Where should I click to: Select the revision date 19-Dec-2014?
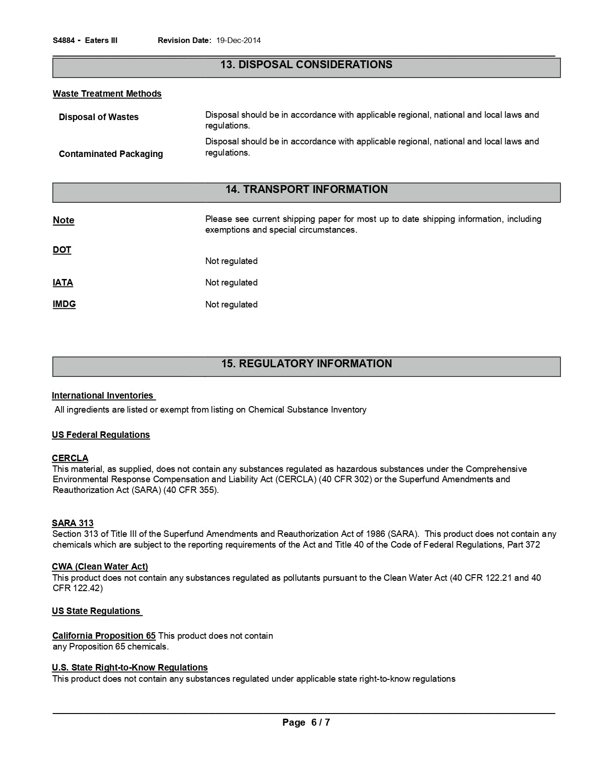click(238, 40)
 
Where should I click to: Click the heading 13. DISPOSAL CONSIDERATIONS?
click(306, 65)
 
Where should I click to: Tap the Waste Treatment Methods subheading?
click(107, 94)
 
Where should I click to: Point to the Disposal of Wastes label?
click(98, 117)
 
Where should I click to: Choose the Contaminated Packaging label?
click(111, 154)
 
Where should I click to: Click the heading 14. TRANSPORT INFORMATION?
click(306, 190)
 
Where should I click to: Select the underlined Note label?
click(63, 220)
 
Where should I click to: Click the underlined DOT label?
click(62, 250)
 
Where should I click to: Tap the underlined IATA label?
click(63, 283)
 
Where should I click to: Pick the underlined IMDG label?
click(64, 304)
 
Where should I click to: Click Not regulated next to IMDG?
click(231, 305)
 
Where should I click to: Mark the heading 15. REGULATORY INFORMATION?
click(306, 364)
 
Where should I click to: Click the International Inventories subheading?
click(103, 396)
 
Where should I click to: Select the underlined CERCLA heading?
click(70, 458)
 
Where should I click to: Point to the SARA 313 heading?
click(73, 523)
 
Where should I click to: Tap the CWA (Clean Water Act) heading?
click(100, 567)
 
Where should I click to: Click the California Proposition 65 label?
click(104, 636)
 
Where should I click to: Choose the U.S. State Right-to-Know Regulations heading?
click(130, 668)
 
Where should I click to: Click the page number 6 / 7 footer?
click(306, 723)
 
